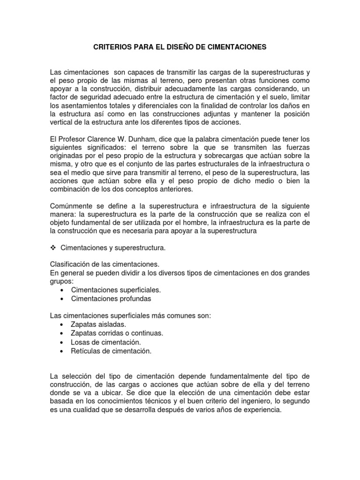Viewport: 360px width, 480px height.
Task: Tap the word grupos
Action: point(61,281)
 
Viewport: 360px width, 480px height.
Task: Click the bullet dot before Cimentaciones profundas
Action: point(62,299)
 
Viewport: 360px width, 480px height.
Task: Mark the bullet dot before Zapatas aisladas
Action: point(62,324)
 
